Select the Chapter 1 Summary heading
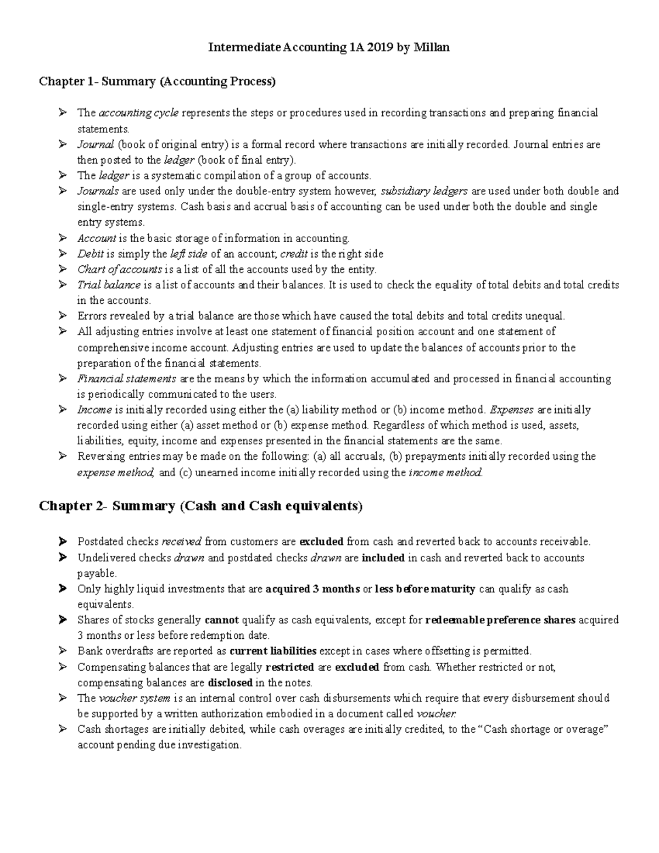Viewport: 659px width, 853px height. [x=158, y=82]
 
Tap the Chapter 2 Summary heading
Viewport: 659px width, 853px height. [x=201, y=506]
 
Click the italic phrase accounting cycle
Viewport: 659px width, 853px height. [x=138, y=113]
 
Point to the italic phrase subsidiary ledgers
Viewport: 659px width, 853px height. [x=424, y=191]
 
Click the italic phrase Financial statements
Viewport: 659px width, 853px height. [x=127, y=379]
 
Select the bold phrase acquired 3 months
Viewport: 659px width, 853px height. [x=312, y=589]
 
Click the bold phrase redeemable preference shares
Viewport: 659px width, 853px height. [x=500, y=620]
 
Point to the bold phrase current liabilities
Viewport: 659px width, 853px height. [x=273, y=651]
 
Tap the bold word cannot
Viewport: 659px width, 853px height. [x=221, y=620]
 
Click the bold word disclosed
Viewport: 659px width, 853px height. [x=230, y=683]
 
